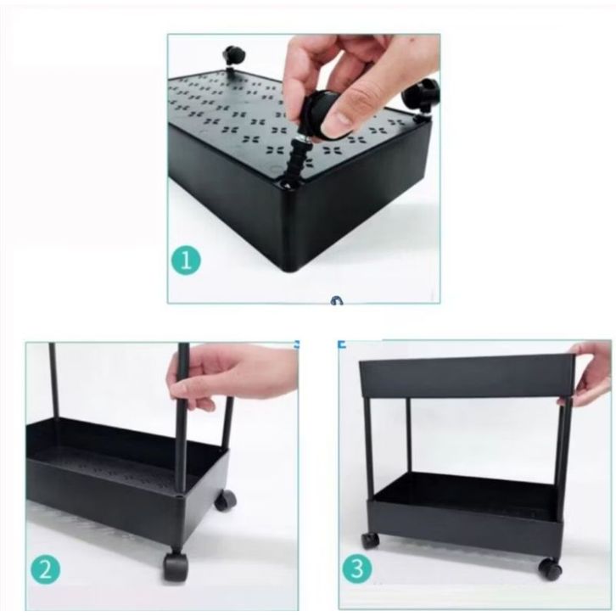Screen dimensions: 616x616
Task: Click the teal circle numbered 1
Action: tap(186, 260)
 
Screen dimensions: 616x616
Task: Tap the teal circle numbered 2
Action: tap(46, 569)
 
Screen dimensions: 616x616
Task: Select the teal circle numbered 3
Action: tap(357, 568)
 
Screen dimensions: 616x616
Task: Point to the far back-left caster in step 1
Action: tap(233, 57)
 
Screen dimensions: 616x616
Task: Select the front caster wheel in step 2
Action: tap(174, 565)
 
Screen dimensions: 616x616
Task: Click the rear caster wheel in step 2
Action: tap(225, 501)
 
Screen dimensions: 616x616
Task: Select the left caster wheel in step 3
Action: tap(370, 541)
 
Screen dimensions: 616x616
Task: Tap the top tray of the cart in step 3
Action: tap(468, 376)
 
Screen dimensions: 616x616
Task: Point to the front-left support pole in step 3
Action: tap(368, 448)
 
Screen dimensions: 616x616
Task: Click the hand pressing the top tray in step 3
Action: tap(586, 373)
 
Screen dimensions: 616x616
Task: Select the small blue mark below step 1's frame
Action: tap(337, 300)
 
